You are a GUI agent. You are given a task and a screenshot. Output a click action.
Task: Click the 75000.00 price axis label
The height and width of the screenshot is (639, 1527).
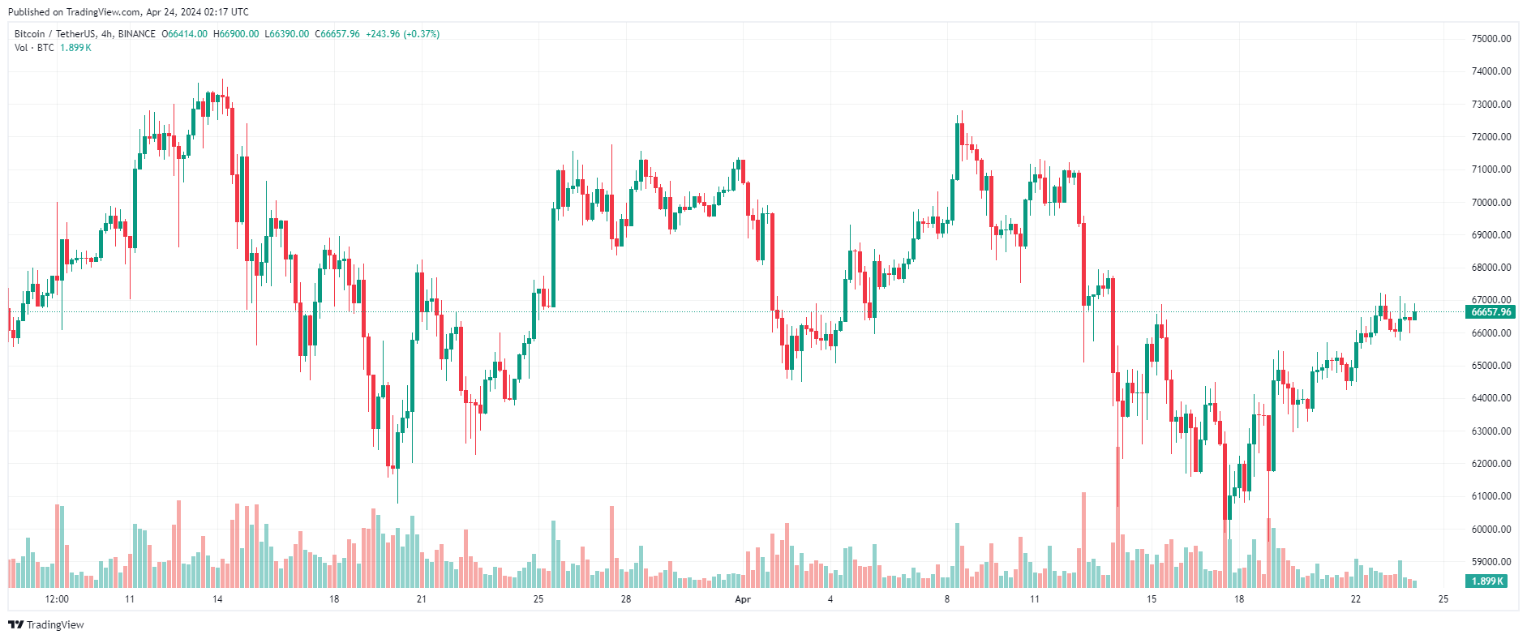(1491, 38)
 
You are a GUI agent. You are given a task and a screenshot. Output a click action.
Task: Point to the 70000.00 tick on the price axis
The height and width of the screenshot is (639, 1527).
(1491, 202)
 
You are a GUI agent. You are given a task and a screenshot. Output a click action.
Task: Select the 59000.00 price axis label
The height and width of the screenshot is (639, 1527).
(1491, 561)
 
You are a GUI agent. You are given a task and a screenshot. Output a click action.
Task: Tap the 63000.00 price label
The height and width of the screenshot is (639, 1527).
(1491, 431)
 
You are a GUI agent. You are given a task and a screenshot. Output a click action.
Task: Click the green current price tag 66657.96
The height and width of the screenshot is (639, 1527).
(1491, 312)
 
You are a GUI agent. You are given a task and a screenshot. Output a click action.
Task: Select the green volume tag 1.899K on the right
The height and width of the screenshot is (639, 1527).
(1487, 581)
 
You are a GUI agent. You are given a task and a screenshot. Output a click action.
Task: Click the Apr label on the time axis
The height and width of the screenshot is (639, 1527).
(743, 599)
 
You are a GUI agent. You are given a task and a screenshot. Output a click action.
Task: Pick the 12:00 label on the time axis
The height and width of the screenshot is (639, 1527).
(57, 599)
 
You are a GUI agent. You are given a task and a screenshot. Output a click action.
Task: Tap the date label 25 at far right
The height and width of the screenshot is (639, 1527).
(1443, 599)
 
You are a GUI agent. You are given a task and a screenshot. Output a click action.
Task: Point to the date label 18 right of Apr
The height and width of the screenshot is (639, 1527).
(1239, 599)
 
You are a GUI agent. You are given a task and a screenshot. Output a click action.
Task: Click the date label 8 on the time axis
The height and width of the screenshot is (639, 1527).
(946, 599)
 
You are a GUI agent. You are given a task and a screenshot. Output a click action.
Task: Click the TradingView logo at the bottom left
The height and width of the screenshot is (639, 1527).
(46, 624)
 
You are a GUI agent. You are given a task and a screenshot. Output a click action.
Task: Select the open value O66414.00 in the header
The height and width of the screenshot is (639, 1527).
(185, 34)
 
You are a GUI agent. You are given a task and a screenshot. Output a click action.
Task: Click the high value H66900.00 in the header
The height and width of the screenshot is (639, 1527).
(236, 34)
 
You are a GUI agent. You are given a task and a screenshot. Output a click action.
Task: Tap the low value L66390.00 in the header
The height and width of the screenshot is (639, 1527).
(287, 34)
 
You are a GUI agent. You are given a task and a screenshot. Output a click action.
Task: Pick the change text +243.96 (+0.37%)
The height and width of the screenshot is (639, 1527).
(402, 34)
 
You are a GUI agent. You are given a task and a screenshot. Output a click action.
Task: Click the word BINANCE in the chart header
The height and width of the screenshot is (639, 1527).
(136, 34)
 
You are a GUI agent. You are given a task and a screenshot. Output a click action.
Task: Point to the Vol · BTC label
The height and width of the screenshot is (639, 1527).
(34, 48)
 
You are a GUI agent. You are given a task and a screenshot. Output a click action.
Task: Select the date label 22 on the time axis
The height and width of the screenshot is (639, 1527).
(1356, 599)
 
